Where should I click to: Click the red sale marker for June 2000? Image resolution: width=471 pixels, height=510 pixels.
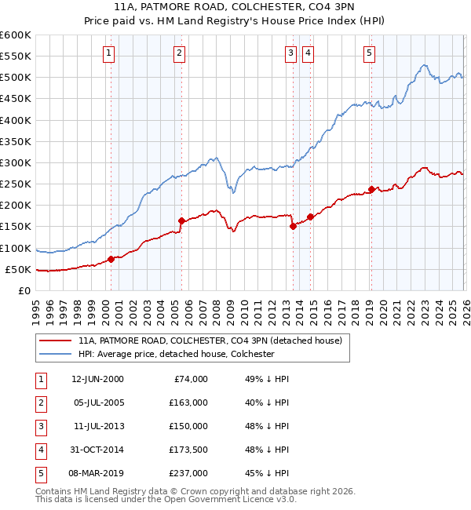point(111,258)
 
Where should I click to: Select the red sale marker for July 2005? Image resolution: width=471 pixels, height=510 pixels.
point(181,220)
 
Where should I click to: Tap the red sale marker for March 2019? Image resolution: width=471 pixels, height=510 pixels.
point(371,188)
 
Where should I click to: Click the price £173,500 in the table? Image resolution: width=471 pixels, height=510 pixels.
point(188,450)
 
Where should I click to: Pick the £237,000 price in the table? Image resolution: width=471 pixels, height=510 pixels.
point(188,473)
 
